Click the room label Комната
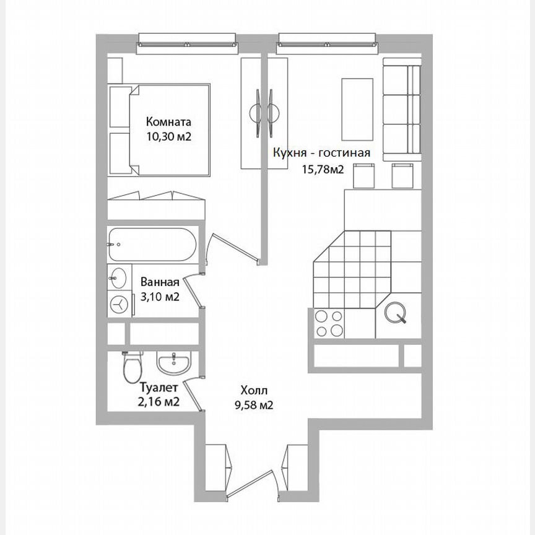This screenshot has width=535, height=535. [168, 121]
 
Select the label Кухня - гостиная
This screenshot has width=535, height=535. [322, 154]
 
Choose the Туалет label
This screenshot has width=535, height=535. [159, 388]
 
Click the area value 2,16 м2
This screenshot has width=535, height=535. [159, 402]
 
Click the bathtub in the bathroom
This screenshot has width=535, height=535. [152, 245]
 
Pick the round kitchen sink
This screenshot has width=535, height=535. [395, 314]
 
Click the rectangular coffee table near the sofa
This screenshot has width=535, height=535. [357, 110]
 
